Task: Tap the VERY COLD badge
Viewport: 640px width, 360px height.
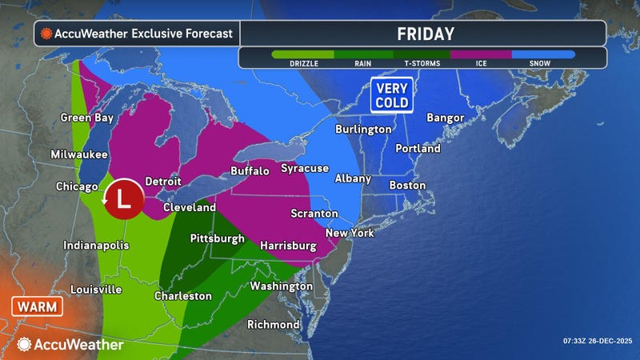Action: (391, 94)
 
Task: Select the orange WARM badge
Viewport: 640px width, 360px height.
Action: (33, 306)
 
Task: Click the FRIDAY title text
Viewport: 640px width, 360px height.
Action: (426, 34)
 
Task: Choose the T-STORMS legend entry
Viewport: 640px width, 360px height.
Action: (422, 61)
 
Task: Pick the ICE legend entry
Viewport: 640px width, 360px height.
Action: (482, 61)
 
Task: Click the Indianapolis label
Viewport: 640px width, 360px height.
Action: (96, 246)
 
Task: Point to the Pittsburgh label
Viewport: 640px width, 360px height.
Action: (217, 238)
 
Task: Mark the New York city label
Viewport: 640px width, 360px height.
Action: (350, 233)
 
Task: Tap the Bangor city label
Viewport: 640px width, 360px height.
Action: (445, 118)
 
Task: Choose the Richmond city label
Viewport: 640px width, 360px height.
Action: (274, 325)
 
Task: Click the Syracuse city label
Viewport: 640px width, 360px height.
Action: (305, 168)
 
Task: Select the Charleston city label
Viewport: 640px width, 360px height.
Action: (183, 296)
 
